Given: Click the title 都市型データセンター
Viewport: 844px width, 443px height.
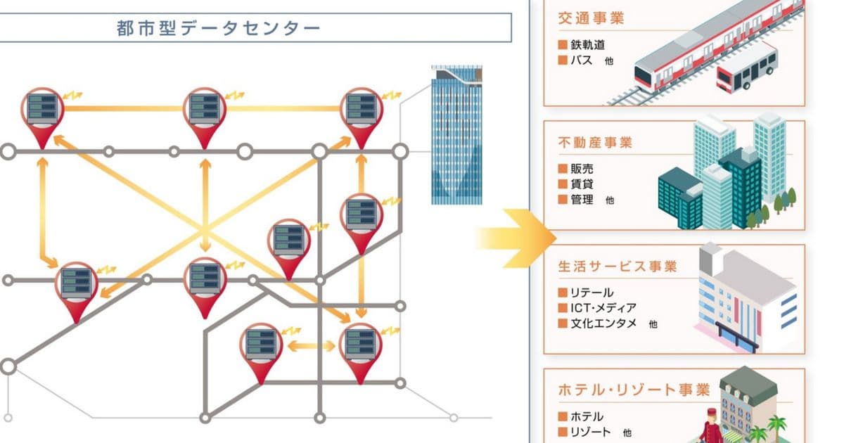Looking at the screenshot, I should point(218,28).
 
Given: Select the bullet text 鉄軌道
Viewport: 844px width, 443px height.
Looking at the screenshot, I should point(589,45).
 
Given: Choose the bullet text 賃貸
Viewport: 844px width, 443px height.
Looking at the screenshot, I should point(583,184).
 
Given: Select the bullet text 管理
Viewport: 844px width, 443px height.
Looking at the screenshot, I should point(583,200).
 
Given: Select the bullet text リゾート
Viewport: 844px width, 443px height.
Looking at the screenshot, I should point(590,432).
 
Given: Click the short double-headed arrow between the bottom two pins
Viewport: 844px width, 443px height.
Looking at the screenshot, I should point(311,346).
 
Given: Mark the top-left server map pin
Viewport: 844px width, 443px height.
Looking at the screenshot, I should point(42,113).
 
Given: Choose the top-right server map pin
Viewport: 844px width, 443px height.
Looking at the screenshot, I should point(362,113).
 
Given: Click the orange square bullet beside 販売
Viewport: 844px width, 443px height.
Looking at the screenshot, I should point(563,169).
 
